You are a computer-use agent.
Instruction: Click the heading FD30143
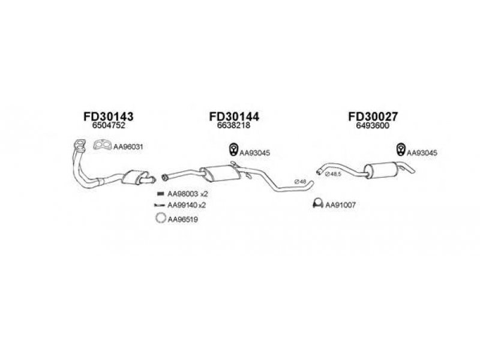click(109, 116)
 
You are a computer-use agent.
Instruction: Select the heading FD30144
click(234, 116)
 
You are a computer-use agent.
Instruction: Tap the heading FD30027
click(373, 116)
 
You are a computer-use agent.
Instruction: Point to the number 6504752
click(109, 125)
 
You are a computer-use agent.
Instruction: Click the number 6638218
click(233, 125)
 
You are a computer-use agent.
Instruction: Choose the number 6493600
click(373, 125)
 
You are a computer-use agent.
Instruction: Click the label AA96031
click(128, 147)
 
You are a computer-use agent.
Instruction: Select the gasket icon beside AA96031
click(102, 145)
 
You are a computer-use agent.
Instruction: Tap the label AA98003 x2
click(188, 194)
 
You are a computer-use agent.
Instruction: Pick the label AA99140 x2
click(187, 205)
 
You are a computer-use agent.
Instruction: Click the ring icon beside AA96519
click(160, 218)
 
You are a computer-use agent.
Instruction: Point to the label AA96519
click(183, 220)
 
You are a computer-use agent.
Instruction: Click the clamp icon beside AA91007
click(318, 203)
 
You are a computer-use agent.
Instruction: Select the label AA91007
click(340, 205)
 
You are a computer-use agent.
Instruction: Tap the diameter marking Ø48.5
click(333, 174)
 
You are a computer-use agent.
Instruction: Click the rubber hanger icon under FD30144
click(233, 149)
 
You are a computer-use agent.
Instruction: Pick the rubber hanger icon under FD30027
click(400, 149)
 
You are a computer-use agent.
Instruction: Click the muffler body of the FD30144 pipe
click(220, 173)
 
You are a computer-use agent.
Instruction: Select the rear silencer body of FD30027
click(381, 170)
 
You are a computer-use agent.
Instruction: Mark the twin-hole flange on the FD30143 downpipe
click(80, 145)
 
